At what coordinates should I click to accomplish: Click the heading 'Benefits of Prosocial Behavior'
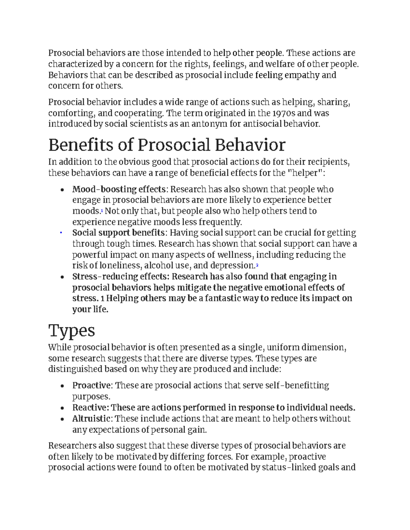167,145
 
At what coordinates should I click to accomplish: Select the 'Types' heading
72,330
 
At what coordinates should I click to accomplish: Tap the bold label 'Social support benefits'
119,233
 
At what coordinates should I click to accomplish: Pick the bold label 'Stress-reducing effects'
120,276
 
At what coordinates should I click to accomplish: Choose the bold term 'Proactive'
92,386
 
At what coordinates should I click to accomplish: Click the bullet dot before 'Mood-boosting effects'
62,190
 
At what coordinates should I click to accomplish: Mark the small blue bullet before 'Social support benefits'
60,233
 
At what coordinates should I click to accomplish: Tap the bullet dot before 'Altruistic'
62,419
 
